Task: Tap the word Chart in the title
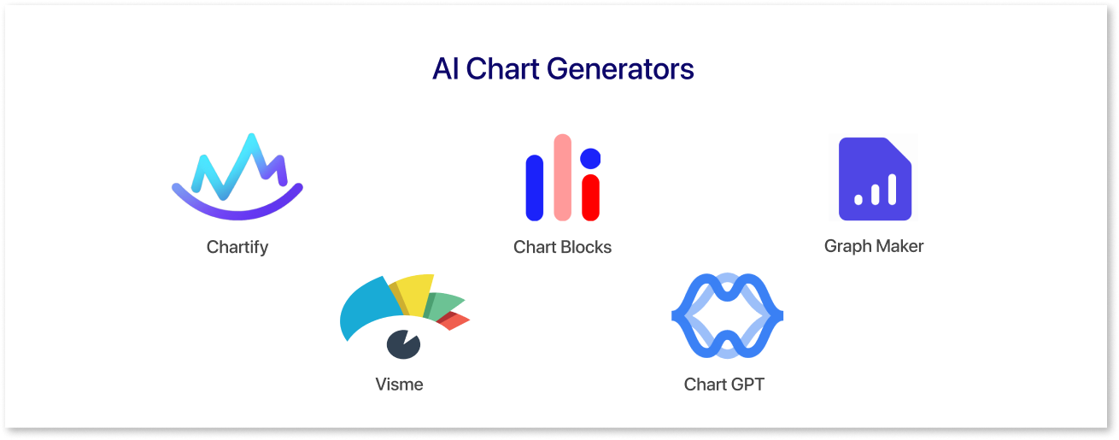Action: pos(502,69)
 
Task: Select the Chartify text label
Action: pos(237,247)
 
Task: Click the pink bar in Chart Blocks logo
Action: pos(563,178)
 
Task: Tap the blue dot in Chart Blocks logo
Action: pos(590,158)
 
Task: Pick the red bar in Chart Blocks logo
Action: pos(590,197)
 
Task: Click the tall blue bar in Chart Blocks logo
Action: pos(535,188)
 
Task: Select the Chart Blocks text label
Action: pos(563,247)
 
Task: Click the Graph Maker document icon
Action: pos(875,179)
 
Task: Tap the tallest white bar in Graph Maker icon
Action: pos(892,190)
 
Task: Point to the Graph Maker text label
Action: pos(874,246)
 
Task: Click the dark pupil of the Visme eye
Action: pos(404,344)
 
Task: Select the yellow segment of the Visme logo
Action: pos(414,294)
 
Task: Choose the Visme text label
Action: pos(399,384)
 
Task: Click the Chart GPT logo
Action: pos(685,315)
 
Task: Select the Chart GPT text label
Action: pos(724,384)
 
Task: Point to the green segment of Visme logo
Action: pos(442,305)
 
